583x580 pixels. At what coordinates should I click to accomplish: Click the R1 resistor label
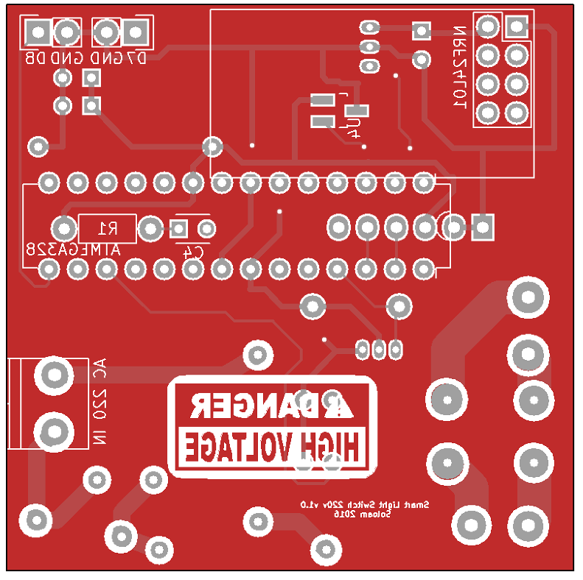(108, 227)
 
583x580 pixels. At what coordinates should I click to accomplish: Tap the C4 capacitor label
(193, 252)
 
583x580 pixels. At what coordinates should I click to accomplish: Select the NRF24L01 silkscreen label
(459, 67)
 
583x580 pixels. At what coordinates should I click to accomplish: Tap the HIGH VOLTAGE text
(273, 446)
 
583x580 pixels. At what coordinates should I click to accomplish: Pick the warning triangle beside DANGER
(340, 404)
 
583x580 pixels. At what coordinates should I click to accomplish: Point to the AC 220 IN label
(99, 401)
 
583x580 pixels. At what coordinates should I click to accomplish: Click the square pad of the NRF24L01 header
(516, 26)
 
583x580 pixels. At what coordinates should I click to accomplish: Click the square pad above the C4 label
(179, 227)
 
